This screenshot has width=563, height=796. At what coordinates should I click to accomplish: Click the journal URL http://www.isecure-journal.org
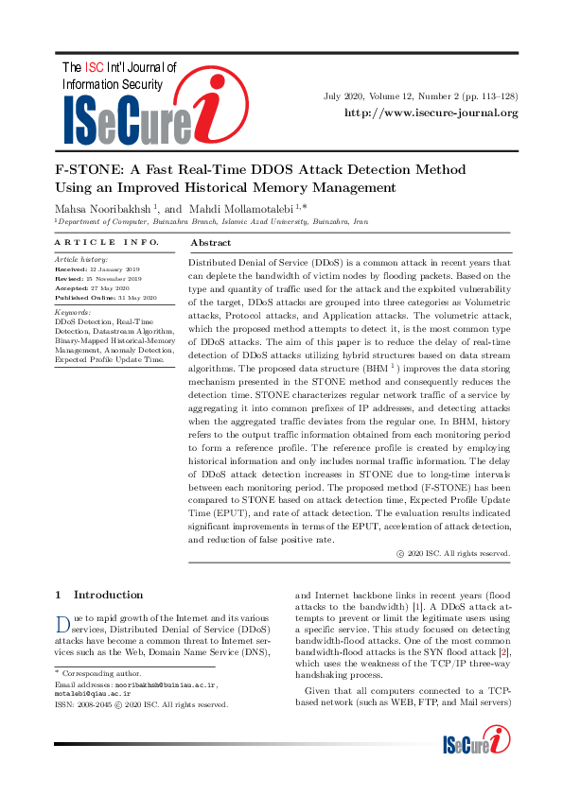coord(431,113)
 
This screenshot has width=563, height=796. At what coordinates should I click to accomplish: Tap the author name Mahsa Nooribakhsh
coord(98,206)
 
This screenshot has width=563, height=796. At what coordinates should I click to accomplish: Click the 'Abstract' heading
coord(212,243)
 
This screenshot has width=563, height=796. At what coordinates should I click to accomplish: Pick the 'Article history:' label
coord(81,259)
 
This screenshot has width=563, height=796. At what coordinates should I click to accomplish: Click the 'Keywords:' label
coord(73,311)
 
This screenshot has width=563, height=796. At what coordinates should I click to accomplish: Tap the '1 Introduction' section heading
coord(99,595)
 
